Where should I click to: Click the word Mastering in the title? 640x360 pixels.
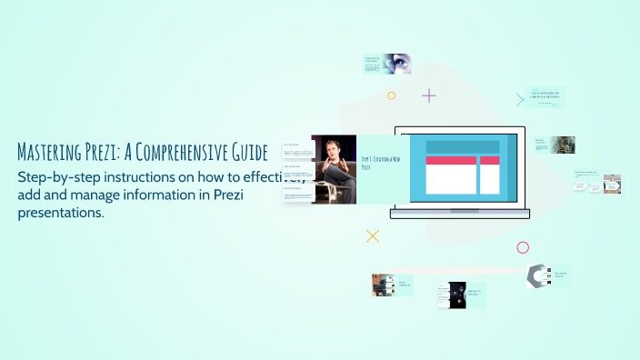(x=51, y=151)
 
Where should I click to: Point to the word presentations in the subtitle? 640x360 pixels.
(x=61, y=213)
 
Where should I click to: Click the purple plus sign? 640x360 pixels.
(x=429, y=95)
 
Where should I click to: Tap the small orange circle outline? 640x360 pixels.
(x=392, y=95)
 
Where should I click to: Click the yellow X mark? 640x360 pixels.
(x=372, y=236)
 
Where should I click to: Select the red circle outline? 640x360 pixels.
(x=523, y=247)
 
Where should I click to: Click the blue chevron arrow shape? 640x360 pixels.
(x=521, y=100)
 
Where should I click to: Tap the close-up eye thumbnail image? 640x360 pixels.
(x=397, y=64)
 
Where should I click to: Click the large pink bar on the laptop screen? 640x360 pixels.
(x=451, y=160)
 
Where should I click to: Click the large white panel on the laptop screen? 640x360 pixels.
(x=451, y=179)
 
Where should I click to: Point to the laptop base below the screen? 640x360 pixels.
(x=460, y=215)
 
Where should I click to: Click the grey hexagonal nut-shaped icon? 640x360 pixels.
(x=538, y=275)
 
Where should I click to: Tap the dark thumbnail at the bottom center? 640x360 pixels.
(x=457, y=295)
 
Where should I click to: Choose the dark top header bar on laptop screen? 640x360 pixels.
(x=463, y=146)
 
